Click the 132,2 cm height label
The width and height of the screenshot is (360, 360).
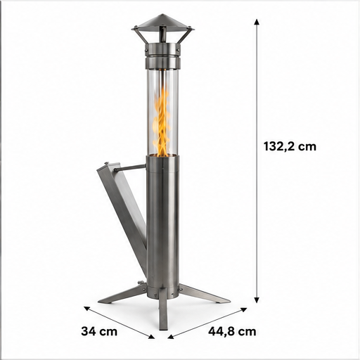[x=290, y=146]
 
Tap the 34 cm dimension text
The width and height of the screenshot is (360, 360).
[x=99, y=331]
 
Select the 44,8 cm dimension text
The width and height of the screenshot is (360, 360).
[x=232, y=332]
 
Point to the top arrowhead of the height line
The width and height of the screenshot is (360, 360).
[x=257, y=22]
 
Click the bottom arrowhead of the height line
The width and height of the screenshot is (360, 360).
[x=257, y=300]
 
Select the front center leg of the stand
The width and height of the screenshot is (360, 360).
[x=163, y=309]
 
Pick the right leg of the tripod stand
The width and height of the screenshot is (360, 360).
[x=204, y=294]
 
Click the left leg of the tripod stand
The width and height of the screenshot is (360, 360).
[x=122, y=295]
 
